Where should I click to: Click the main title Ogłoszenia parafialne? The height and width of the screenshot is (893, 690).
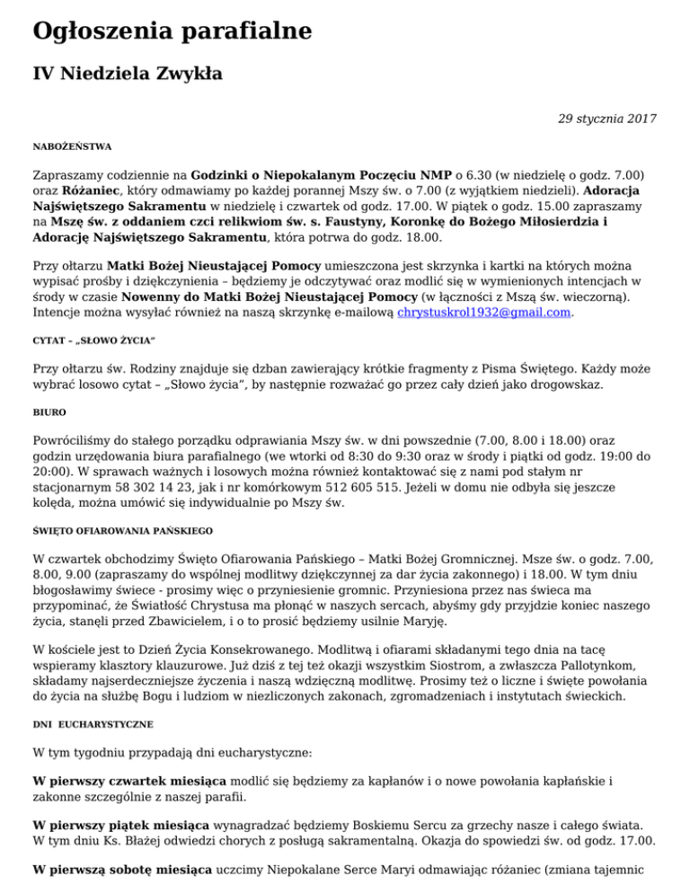(172, 32)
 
